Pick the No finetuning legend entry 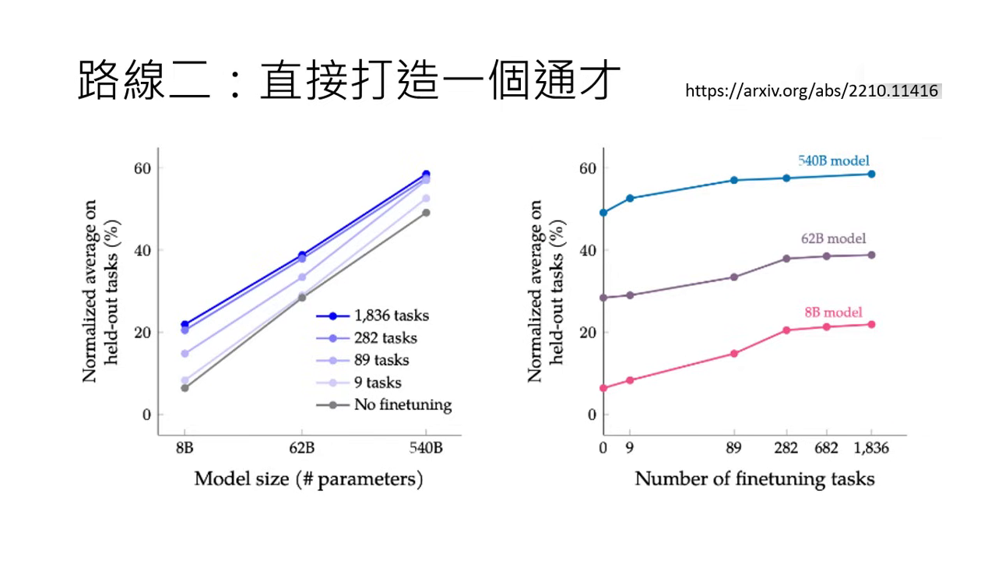click(x=402, y=404)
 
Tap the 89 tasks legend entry click(x=381, y=360)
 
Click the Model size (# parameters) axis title click(x=308, y=478)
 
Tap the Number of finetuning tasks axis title click(x=754, y=478)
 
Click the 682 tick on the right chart click(x=827, y=449)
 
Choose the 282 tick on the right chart click(x=786, y=449)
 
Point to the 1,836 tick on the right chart click(x=871, y=449)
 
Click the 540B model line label click(x=833, y=161)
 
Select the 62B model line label click(x=833, y=239)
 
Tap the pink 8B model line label click(x=833, y=312)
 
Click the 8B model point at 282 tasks click(x=786, y=330)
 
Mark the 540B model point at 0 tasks click(x=603, y=212)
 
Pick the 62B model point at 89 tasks click(x=733, y=277)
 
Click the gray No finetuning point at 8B click(x=185, y=388)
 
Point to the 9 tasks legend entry click(x=378, y=383)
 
